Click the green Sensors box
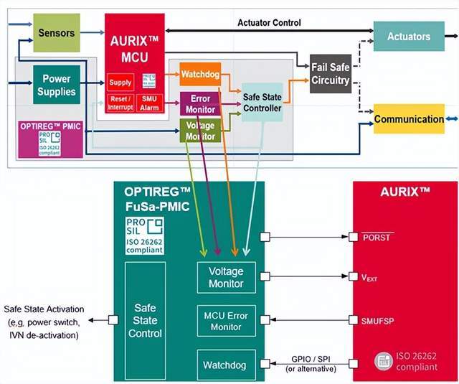pos(57,33)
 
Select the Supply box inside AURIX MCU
pos(120,83)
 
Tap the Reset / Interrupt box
pos(120,103)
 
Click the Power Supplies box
pos(57,85)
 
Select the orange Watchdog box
pos(199,74)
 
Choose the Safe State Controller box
pos(262,103)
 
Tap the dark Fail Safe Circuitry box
pos(331,73)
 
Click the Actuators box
pos(409,36)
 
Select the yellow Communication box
pos(409,119)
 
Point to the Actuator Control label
pos(269,22)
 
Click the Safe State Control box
pos(145,320)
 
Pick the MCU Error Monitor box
pos(225,321)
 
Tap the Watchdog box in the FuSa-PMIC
pos(225,365)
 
